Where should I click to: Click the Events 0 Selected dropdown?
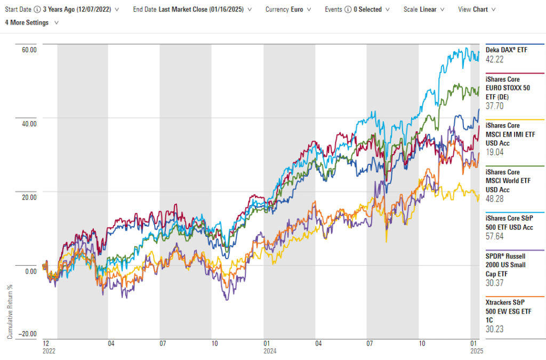click(x=357, y=10)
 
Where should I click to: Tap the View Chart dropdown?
click(x=477, y=10)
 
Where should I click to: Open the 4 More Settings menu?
click(x=31, y=22)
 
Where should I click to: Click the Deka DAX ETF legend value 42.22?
click(x=495, y=59)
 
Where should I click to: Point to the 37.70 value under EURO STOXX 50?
click(x=495, y=106)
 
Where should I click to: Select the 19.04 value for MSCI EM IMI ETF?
click(x=495, y=153)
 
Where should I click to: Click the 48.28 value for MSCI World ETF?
click(x=495, y=198)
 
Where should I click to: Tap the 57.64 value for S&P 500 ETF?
click(x=495, y=237)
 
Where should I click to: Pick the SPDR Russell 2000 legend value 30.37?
click(x=495, y=283)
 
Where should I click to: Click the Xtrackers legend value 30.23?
click(x=495, y=329)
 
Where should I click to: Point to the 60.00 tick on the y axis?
click(x=29, y=50)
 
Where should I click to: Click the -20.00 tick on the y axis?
click(x=27, y=334)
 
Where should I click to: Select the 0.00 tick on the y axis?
click(x=30, y=271)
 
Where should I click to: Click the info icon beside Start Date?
click(x=37, y=10)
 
